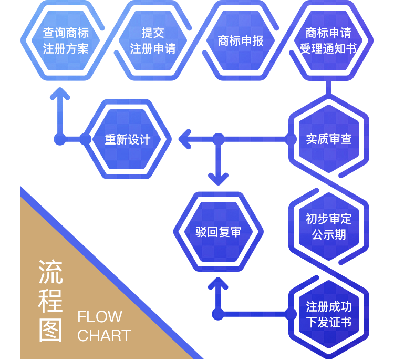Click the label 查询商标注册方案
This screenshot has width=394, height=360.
tap(66, 40)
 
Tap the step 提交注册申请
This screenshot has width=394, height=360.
tap(153, 40)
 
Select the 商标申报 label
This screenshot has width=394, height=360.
tap(241, 40)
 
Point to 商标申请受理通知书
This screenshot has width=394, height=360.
tap(328, 40)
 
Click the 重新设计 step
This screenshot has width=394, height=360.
tap(128, 139)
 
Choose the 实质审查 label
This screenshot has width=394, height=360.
tap(329, 139)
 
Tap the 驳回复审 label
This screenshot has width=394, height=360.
tap(219, 232)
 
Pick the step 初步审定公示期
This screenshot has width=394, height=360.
tap(329, 226)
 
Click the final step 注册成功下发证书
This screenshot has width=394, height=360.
tap(329, 314)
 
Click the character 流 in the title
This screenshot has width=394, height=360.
tap(51, 272)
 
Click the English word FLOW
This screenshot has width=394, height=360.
tap(100, 317)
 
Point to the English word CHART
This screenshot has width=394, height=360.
tap(104, 336)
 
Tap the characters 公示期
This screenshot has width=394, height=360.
tap(329, 234)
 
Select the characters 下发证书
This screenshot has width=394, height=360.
tap(329, 322)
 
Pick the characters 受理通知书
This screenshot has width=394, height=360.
tap(328, 49)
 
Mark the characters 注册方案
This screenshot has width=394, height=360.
tap(66, 49)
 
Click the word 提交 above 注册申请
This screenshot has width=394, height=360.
tap(153, 33)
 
